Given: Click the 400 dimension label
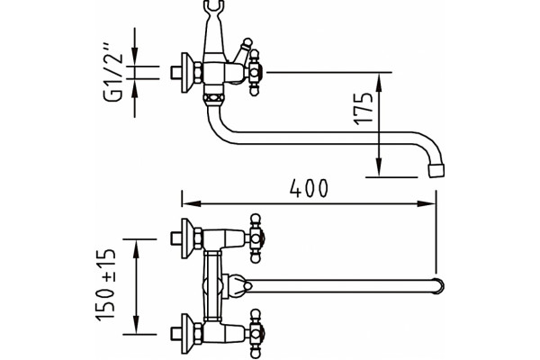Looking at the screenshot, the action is (309, 188).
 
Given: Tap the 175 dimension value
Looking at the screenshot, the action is (364, 108).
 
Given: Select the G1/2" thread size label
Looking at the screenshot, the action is (113, 72).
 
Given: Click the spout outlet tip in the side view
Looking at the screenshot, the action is (436, 171).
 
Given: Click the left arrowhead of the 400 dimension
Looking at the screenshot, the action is (191, 203).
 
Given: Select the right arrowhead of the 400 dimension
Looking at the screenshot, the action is (427, 203).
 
